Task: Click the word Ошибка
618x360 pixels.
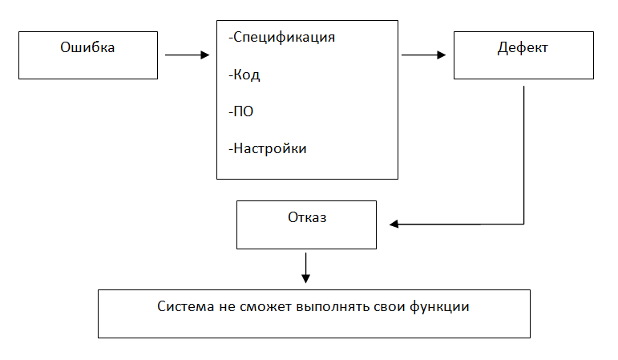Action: pyautogui.click(x=88, y=47)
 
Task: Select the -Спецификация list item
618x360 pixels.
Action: pyautogui.click(x=281, y=37)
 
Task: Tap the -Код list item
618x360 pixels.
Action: pyautogui.click(x=244, y=75)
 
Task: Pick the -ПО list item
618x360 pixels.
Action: pyautogui.click(x=241, y=111)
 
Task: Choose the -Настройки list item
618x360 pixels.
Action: pyautogui.click(x=268, y=148)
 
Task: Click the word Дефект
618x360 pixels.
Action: pyautogui.click(x=523, y=48)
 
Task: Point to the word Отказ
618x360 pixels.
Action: pyautogui.click(x=307, y=216)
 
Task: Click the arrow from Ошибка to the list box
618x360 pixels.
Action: pyautogui.click(x=186, y=55)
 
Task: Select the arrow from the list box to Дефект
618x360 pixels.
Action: pyautogui.click(x=423, y=55)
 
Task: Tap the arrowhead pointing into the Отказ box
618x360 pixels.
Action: pyautogui.click(x=394, y=224)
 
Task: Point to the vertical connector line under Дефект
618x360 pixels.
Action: pyautogui.click(x=523, y=152)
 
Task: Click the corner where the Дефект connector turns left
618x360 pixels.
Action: pyautogui.click(x=523, y=224)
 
